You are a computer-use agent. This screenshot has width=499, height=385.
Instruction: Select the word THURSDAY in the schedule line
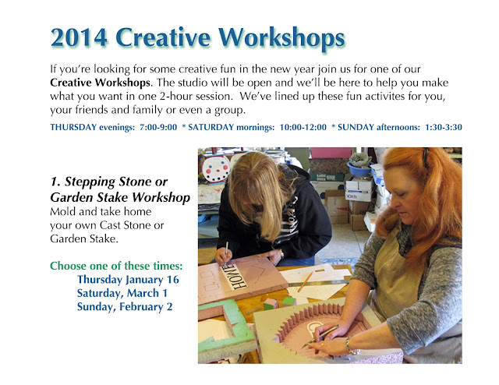tap(74, 127)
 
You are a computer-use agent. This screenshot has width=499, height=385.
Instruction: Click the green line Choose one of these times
tap(116, 265)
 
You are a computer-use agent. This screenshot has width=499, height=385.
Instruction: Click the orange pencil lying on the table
tap(305, 280)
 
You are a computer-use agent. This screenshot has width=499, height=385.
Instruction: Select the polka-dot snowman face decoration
tap(216, 168)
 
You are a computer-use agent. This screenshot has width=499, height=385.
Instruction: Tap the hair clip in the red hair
tap(426, 157)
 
